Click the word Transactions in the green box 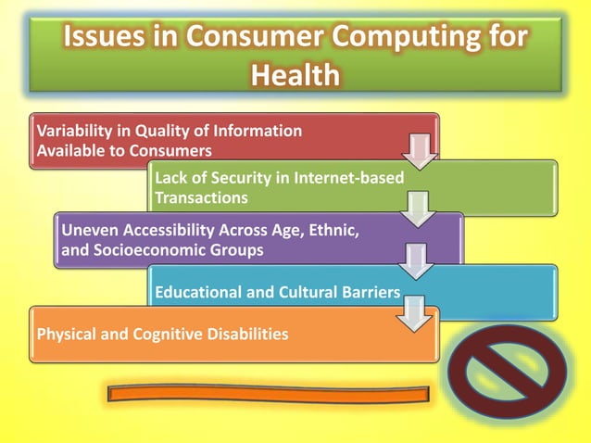pyautogui.click(x=201, y=197)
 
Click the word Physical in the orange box pyautogui.click(x=66, y=333)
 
